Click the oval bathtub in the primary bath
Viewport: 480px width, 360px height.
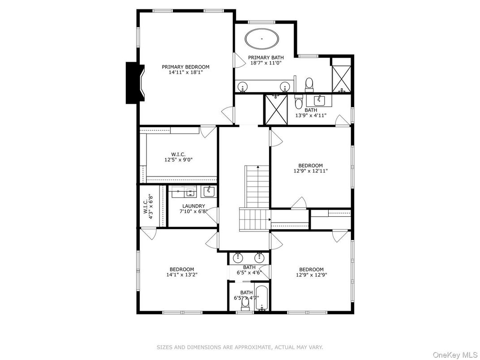click(x=262, y=39)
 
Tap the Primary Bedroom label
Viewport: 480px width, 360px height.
click(x=185, y=67)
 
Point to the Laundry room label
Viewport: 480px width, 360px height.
click(x=193, y=206)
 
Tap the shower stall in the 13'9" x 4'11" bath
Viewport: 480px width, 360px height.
click(x=276, y=110)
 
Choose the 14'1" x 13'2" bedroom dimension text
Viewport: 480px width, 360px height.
click(x=182, y=275)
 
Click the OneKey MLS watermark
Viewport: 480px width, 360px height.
click(x=455, y=355)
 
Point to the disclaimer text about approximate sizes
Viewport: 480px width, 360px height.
click(x=240, y=347)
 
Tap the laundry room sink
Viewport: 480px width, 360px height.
click(x=209, y=191)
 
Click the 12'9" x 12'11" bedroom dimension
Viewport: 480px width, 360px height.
click(x=310, y=171)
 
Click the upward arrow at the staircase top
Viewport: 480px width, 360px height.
click(x=258, y=167)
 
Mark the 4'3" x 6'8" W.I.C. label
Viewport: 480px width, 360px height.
click(x=148, y=206)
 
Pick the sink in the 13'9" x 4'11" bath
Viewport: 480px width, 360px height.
click(x=319, y=100)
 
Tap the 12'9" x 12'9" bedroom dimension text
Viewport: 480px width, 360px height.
click(x=311, y=275)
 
